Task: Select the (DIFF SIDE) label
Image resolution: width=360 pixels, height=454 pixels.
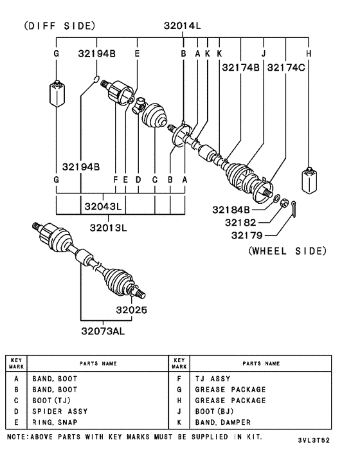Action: [x=59, y=26]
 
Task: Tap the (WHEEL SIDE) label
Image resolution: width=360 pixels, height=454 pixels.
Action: [x=287, y=251]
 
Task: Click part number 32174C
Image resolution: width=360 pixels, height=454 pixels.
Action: [x=286, y=66]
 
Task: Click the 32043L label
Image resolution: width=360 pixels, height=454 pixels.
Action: [x=103, y=206]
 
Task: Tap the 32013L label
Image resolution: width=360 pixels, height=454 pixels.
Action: [x=108, y=227]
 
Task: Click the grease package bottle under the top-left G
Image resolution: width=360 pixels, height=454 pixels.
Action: [x=57, y=93]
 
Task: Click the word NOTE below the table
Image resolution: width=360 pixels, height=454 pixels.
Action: [x=16, y=437]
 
